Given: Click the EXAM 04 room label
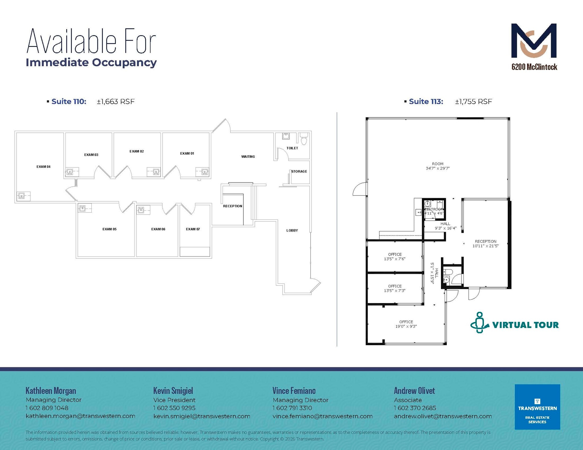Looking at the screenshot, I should click(43, 167).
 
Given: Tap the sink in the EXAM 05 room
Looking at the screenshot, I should click(83, 208).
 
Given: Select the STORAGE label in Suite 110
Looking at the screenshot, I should click(299, 171).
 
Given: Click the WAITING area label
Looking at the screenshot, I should click(248, 157).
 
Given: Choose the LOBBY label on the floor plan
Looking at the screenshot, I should click(292, 231).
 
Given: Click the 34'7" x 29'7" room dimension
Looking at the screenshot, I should click(438, 168).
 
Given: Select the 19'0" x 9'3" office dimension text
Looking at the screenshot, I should click(406, 326).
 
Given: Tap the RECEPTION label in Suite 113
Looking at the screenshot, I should click(485, 241).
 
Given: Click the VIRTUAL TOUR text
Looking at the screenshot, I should click(525, 325).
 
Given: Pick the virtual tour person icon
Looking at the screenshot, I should click(479, 323).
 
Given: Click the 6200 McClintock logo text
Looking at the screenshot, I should click(534, 67).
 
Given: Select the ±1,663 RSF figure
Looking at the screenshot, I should click(116, 101).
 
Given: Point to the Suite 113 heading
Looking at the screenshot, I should click(426, 101).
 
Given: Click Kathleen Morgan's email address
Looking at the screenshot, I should click(80, 416).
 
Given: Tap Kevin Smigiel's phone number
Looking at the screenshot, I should click(174, 408).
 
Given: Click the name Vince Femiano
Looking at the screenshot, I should click(294, 391).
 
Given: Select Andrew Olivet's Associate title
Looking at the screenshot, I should click(408, 400).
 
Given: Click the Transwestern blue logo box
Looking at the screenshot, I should click(537, 407).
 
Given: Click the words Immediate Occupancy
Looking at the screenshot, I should click(91, 63).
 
